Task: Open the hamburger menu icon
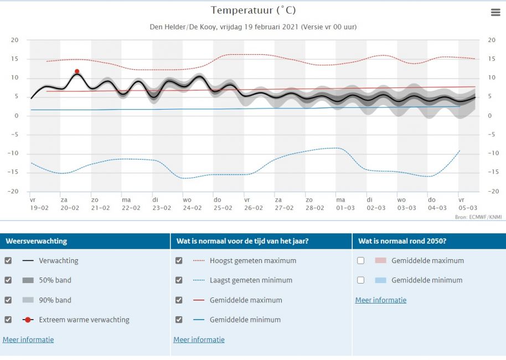pyautogui.click(x=495, y=13)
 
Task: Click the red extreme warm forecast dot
pyautogui.click(x=77, y=71)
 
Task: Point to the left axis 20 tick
pyautogui.click(x=15, y=40)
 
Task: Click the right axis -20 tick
pyautogui.click(x=491, y=192)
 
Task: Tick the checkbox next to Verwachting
pyautogui.click(x=8, y=260)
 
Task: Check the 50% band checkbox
pyautogui.click(x=8, y=280)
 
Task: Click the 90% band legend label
pyautogui.click(x=55, y=300)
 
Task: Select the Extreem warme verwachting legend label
pyautogui.click(x=84, y=320)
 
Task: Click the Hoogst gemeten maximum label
pyautogui.click(x=252, y=260)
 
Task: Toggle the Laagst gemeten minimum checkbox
pyautogui.click(x=179, y=280)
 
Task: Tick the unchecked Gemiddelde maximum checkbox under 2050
pyautogui.click(x=361, y=260)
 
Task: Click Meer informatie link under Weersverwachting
pyautogui.click(x=28, y=340)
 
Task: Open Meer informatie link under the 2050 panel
pyautogui.click(x=381, y=300)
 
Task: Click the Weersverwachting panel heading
pyautogui.click(x=36, y=241)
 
